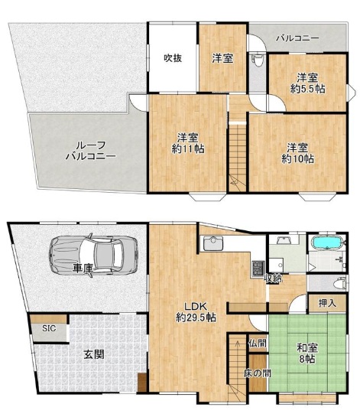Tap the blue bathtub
327,243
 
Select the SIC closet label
49,328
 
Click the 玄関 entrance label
94,354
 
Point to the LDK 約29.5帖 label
196,311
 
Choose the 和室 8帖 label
307,353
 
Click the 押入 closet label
327,303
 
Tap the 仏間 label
258,343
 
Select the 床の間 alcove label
258,373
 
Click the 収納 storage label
273,279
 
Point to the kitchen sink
213,243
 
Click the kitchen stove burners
258,269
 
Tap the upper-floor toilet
258,61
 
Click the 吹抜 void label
173,58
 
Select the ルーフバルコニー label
91,151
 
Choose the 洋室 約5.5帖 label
307,83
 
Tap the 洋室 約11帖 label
188,143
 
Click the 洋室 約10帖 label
297,153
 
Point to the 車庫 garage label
83,269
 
